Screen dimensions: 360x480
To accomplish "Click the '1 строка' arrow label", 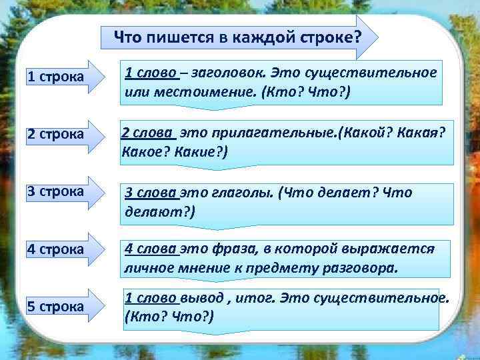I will coord(55,77).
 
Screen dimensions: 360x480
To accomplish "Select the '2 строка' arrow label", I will coord(55,134).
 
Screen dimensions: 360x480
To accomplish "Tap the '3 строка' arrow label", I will coord(55,191).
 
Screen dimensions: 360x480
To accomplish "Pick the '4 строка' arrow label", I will coord(55,249).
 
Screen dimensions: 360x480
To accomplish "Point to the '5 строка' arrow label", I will coord(55,307).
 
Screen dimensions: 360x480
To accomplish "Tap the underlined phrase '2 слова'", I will coord(146,133).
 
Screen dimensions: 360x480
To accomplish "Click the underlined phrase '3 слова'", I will coord(151,193).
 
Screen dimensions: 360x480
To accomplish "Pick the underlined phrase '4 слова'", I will coord(151,249).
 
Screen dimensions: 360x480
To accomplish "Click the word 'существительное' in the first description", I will coord(380,72).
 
